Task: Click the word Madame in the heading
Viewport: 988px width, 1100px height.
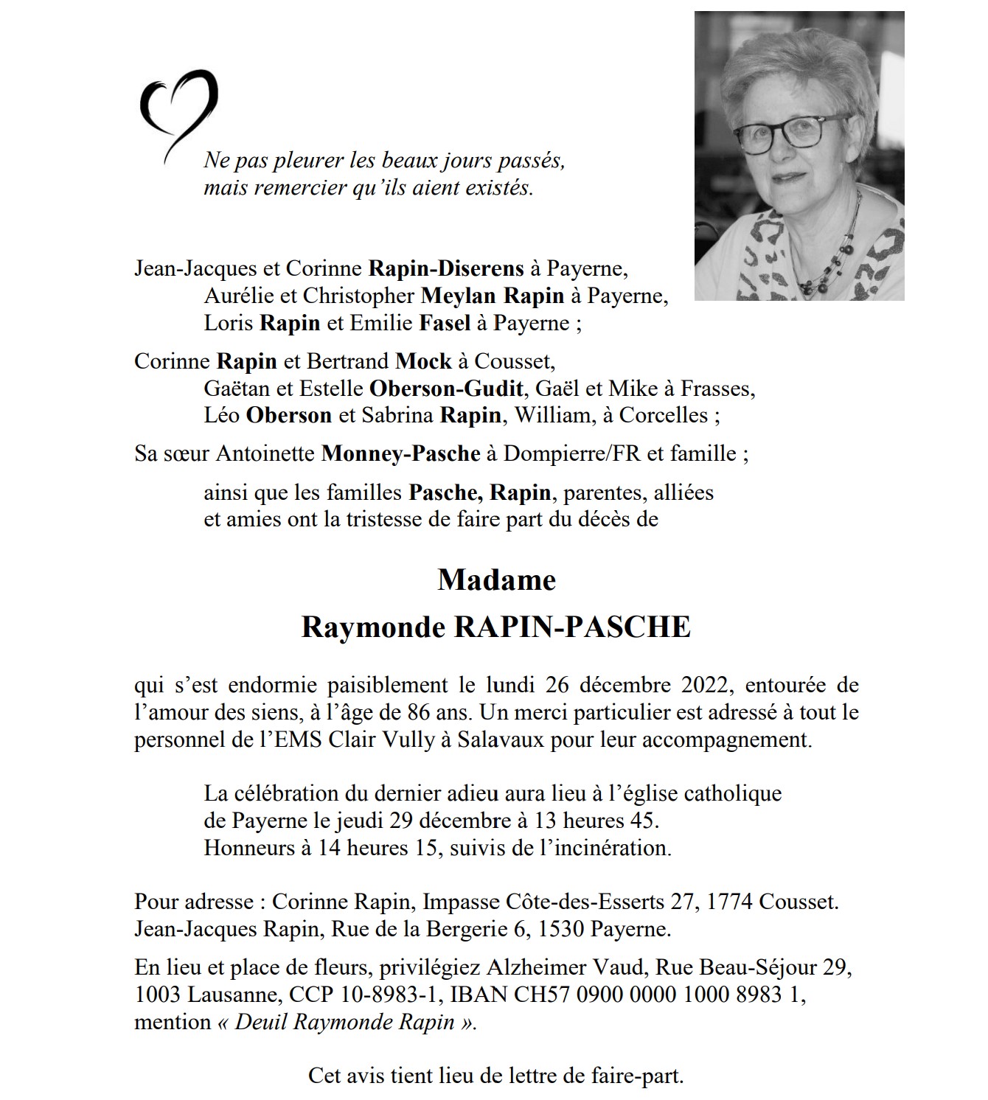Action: pyautogui.click(x=496, y=580)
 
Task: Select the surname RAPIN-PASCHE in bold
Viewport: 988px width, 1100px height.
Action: pyautogui.click(x=572, y=627)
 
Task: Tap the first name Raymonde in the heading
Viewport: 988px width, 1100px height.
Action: pyautogui.click(x=374, y=627)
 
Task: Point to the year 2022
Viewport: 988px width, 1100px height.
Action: pyautogui.click(x=705, y=685)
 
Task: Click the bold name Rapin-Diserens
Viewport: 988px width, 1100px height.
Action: pyautogui.click(x=446, y=268)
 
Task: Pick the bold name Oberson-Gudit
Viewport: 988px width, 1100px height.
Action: pyautogui.click(x=446, y=388)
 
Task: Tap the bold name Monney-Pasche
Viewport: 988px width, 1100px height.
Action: pyautogui.click(x=400, y=453)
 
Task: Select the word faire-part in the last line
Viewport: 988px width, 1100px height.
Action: pyautogui.click(x=637, y=1076)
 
